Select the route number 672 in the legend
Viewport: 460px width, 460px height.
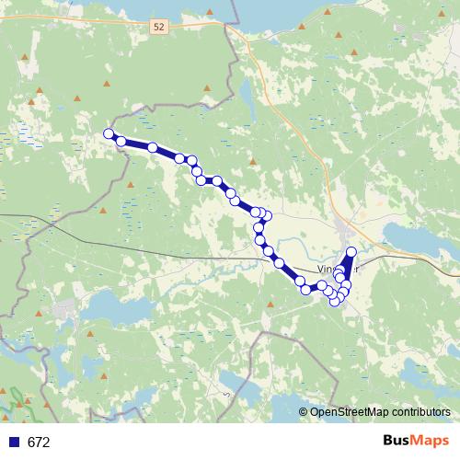tap(39, 443)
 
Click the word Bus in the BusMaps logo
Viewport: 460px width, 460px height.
tap(399, 442)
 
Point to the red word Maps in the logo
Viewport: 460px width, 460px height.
tap(431, 442)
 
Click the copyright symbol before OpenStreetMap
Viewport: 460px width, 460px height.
tap(304, 412)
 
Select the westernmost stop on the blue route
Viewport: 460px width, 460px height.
tap(109, 134)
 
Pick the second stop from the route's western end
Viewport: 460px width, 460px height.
tap(121, 141)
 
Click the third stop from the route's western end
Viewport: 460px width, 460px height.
tap(152, 147)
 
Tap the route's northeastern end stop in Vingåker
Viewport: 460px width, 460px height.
tap(351, 251)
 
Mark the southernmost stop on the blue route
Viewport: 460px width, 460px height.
tap(335, 301)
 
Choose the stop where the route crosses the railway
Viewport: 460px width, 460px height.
tap(268, 250)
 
